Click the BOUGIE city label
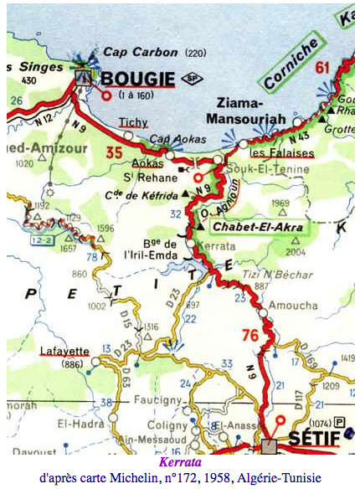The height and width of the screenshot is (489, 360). coord(137,79)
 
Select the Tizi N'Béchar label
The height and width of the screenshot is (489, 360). coord(266,273)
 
